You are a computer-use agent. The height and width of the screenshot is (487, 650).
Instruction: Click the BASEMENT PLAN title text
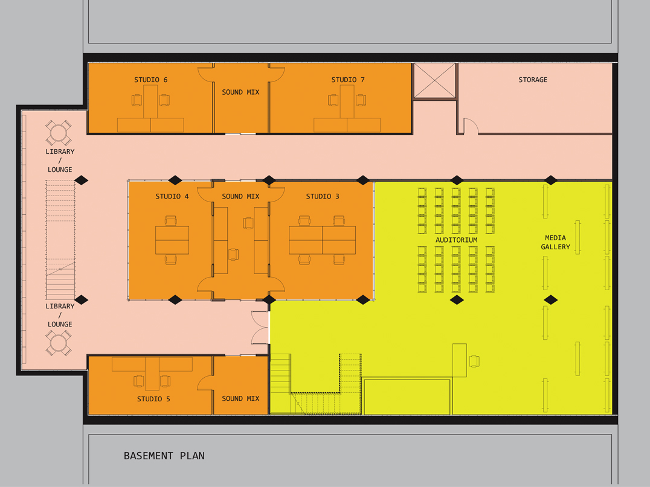tap(164, 456)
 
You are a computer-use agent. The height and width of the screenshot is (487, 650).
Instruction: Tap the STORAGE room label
tap(533, 80)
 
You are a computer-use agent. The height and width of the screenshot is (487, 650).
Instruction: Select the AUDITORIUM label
tap(456, 240)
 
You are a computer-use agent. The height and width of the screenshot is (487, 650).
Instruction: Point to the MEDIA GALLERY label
tap(555, 242)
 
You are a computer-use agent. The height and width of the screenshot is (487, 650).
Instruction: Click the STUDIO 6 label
tap(150, 80)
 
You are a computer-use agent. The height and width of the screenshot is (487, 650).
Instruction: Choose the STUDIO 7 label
tap(348, 80)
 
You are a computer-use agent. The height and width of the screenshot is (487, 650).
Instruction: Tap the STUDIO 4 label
tap(172, 196)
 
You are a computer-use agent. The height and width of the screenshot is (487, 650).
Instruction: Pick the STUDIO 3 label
tap(323, 196)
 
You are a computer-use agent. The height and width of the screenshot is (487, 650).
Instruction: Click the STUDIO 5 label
tap(153, 399)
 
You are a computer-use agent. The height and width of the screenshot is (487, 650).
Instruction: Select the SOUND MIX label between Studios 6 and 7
tap(240, 92)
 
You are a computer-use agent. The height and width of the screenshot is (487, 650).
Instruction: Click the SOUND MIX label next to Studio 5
tap(240, 398)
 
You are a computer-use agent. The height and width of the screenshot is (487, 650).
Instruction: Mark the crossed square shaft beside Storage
tap(434, 81)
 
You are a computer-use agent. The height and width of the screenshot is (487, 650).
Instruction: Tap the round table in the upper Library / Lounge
tap(59, 133)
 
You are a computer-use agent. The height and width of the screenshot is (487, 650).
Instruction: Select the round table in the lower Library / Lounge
tap(59, 343)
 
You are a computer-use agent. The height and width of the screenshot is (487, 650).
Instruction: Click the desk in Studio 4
tap(172, 240)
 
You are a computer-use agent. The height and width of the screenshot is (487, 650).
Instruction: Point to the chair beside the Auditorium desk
tap(474, 361)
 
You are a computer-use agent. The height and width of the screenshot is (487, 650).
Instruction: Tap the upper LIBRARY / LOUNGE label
tap(60, 161)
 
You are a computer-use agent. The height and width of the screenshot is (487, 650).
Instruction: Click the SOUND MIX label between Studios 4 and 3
tap(240, 196)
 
